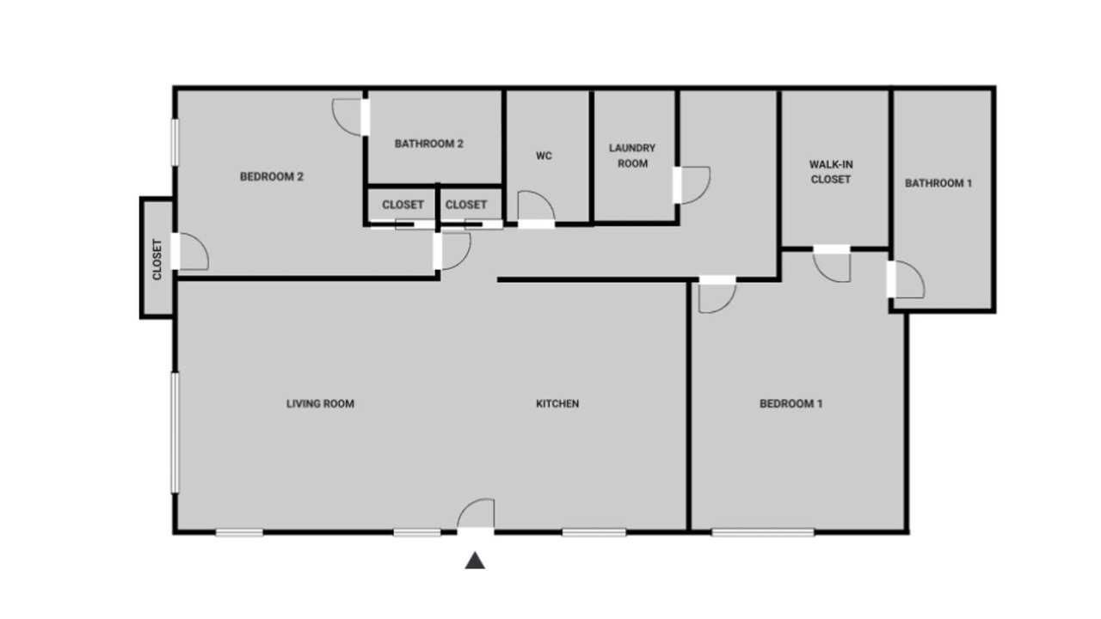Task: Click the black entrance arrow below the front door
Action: (475, 561)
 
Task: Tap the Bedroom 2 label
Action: (271, 177)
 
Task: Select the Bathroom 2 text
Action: (428, 144)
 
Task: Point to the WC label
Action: (544, 156)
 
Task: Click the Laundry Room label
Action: (632, 156)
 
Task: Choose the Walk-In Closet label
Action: (831, 172)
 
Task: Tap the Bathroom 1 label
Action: (938, 183)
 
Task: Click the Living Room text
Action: (320, 404)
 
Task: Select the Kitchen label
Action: (557, 404)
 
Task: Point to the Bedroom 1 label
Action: (790, 404)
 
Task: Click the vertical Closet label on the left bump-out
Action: (157, 260)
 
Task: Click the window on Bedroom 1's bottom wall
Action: (763, 532)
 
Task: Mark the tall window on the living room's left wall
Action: (175, 432)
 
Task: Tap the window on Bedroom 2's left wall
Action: (175, 143)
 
